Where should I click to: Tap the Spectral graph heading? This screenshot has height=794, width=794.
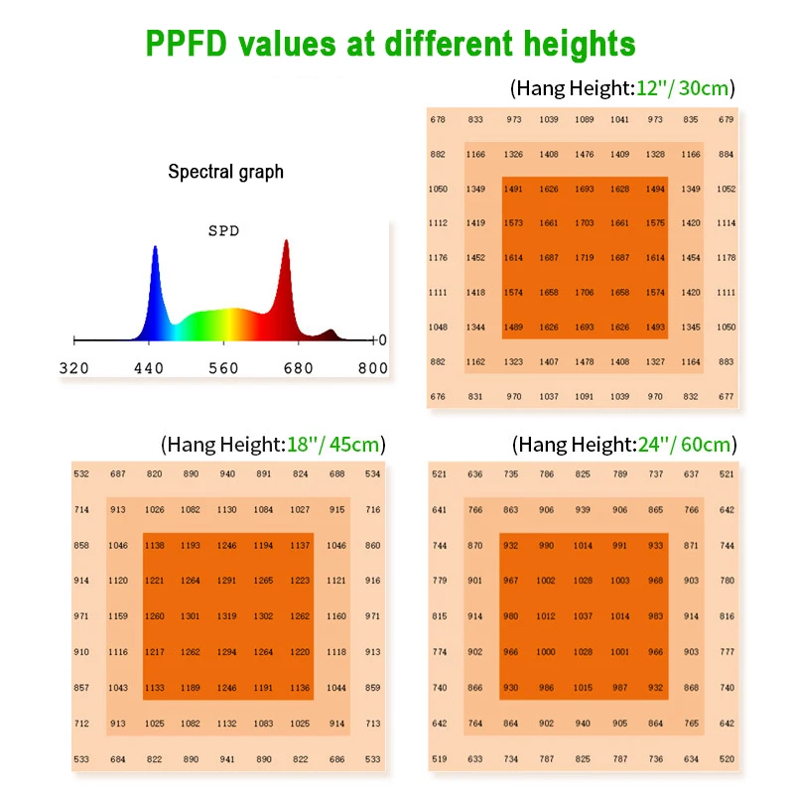(x=225, y=172)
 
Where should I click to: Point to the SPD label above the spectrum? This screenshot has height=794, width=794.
(x=223, y=230)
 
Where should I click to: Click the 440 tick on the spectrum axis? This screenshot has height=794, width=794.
(x=148, y=368)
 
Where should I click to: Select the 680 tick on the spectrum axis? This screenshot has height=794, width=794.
(x=298, y=368)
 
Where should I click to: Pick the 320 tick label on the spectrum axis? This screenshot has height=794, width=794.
(x=74, y=368)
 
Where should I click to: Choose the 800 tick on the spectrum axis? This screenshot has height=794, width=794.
(x=372, y=368)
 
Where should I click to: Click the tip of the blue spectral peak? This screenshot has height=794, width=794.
(x=154, y=248)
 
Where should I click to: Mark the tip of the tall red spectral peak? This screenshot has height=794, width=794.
(x=286, y=241)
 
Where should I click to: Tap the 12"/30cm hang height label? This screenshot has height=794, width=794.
(x=623, y=88)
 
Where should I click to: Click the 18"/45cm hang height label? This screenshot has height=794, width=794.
(x=273, y=444)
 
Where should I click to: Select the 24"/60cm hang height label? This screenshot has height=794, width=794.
(x=624, y=444)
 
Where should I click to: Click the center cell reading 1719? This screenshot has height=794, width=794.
(x=585, y=257)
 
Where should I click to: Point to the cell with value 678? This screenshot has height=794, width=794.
(x=438, y=119)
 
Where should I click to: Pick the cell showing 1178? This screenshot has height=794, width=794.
(x=727, y=257)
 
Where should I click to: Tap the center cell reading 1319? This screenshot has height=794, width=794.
(x=227, y=615)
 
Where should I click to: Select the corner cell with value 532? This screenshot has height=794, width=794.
(x=81, y=473)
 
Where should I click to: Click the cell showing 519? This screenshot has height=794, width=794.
(x=439, y=758)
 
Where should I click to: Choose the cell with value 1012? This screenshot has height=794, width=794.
(x=546, y=615)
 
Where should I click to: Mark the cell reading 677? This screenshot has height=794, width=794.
(x=727, y=396)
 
